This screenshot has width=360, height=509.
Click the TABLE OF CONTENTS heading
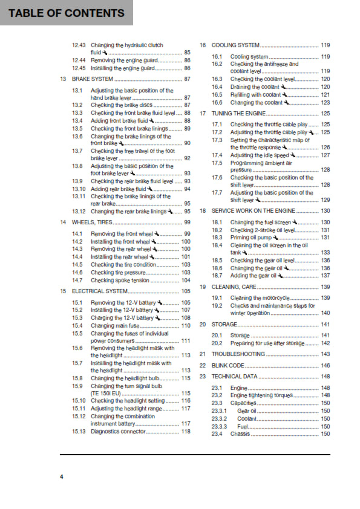pos(67,13)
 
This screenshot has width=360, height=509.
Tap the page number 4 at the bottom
pos(61,477)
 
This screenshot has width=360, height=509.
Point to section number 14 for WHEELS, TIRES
pos(63,222)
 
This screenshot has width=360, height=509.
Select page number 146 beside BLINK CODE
pos(325,366)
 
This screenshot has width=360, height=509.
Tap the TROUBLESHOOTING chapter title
pos(238,354)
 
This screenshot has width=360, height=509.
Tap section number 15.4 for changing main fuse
pos(77,326)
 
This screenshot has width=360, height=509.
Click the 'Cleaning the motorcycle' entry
pos(261,298)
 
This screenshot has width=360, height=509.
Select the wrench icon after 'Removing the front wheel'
pos(157,233)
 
